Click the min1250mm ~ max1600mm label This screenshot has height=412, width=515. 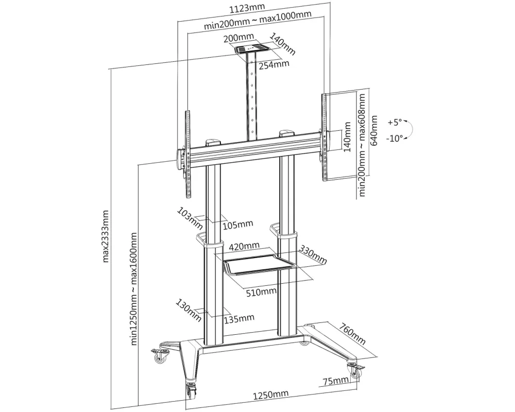click(x=134, y=289)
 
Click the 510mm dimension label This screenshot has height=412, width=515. click(x=261, y=292)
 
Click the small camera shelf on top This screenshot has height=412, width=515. click(x=251, y=48)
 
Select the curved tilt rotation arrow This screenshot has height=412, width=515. click(x=408, y=130)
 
